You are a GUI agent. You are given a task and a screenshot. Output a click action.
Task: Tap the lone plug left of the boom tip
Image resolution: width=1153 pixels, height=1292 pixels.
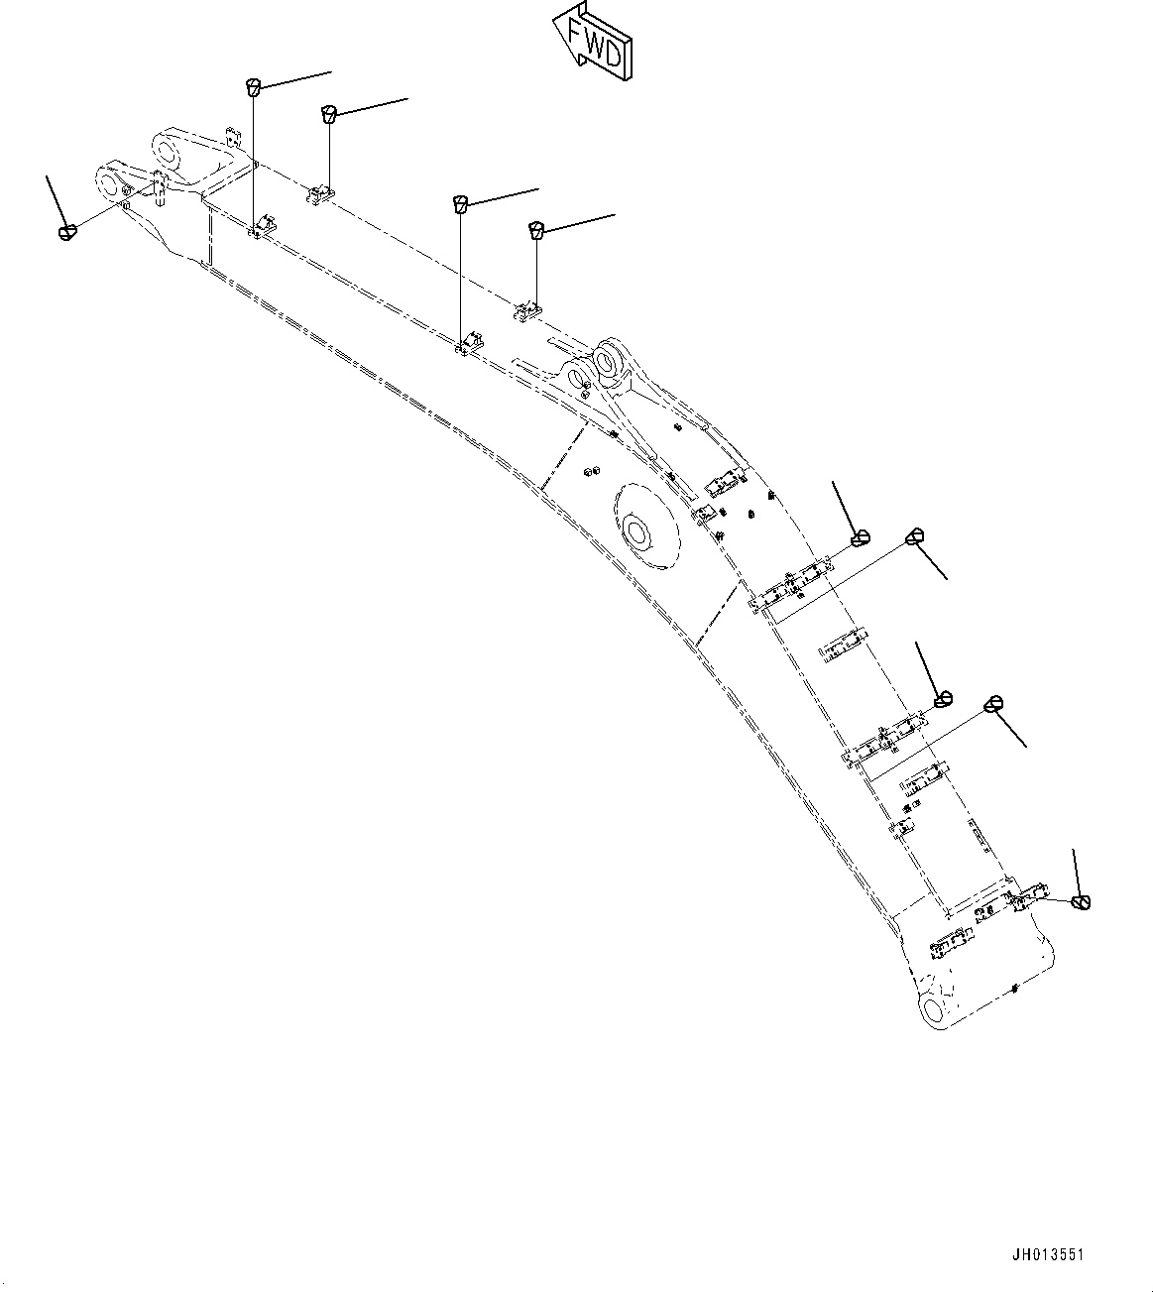pyautogui.click(x=67, y=232)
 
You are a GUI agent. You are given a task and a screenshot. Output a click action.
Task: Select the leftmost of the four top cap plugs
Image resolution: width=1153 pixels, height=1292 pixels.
pyautogui.click(x=253, y=85)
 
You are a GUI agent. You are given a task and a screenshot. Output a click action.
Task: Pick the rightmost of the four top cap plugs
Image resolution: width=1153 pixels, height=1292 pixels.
pyautogui.click(x=536, y=230)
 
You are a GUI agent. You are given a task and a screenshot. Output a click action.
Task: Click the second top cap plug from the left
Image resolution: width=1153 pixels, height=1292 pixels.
pyautogui.click(x=330, y=114)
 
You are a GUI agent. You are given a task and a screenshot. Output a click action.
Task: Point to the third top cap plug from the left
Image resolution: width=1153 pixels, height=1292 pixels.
pyautogui.click(x=460, y=204)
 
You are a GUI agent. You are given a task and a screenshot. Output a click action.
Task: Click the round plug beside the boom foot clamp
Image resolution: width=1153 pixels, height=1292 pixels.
pyautogui.click(x=1082, y=902)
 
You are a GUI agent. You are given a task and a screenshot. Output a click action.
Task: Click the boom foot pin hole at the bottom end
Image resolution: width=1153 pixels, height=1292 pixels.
pyautogui.click(x=935, y=1008)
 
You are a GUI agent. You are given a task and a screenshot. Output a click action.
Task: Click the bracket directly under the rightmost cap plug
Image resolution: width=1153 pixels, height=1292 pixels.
pyautogui.click(x=527, y=311)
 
